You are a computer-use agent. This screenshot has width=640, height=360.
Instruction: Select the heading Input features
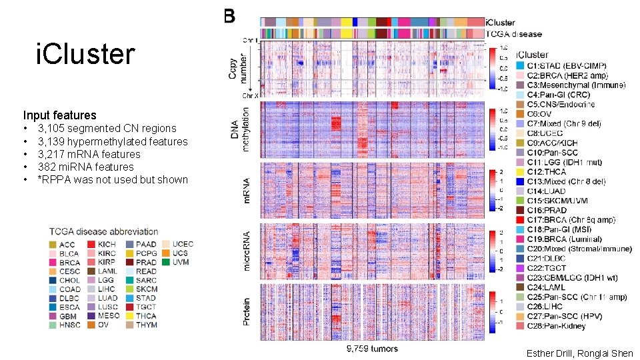point(59,115)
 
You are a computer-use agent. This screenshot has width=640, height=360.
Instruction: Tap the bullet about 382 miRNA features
point(86,167)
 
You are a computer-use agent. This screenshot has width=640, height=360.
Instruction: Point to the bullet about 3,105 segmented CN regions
point(107,128)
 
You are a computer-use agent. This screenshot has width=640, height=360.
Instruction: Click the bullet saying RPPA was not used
point(113,179)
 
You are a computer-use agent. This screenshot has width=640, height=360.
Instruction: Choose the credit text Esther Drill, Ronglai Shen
point(579,353)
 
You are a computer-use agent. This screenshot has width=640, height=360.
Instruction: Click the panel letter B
point(229,17)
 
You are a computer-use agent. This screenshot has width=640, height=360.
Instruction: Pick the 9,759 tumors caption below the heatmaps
point(372,348)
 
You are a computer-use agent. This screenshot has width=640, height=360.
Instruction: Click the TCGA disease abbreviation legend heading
point(103,232)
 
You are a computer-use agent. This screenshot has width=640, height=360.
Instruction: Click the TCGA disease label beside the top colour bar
point(514,34)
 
